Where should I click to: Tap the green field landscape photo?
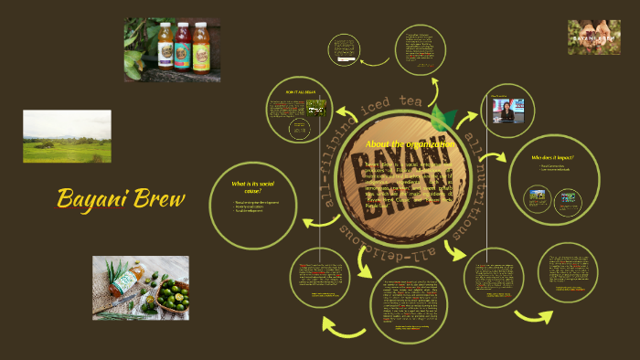point(67,137)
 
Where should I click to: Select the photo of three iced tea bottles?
point(172,49)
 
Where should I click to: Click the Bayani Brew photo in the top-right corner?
point(593,37)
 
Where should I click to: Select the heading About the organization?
point(410,144)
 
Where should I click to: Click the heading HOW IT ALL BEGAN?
point(301,93)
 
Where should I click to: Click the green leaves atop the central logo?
point(444,118)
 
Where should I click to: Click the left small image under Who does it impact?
point(536,196)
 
